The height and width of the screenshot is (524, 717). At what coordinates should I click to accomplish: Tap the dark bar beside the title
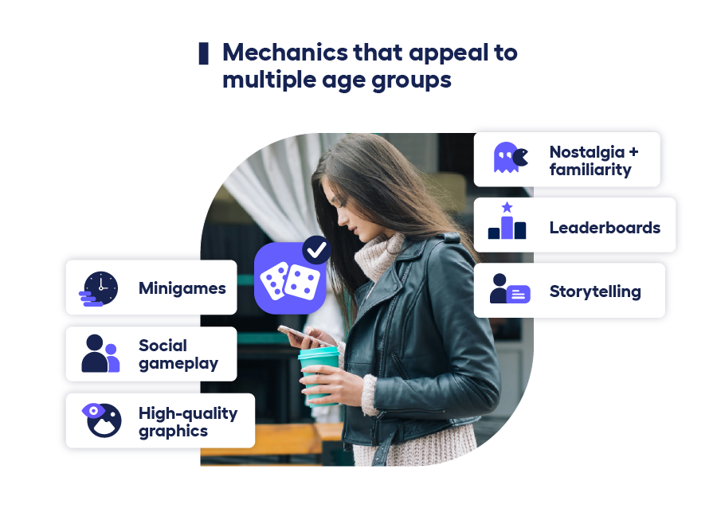click(x=204, y=53)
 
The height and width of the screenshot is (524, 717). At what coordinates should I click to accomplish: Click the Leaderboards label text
click(x=605, y=228)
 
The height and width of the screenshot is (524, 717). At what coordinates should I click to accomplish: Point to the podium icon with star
click(x=507, y=222)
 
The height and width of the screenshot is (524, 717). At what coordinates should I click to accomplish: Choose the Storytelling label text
click(x=595, y=291)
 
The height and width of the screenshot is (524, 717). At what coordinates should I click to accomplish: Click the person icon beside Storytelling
click(x=509, y=289)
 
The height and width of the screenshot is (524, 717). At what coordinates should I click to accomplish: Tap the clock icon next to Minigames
click(x=100, y=288)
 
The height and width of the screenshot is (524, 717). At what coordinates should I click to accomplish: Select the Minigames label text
click(x=182, y=288)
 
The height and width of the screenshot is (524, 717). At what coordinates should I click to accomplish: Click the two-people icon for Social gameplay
click(x=100, y=354)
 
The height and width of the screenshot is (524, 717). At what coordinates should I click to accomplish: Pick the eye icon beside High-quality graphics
click(x=102, y=420)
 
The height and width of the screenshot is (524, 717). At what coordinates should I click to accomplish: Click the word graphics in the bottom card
click(x=173, y=432)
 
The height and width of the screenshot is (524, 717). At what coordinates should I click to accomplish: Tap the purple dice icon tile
click(x=288, y=279)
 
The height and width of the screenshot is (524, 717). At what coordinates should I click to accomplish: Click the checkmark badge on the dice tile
click(x=316, y=249)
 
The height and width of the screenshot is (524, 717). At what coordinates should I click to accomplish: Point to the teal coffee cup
click(x=319, y=374)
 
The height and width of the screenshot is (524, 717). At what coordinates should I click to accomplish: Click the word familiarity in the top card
click(x=590, y=170)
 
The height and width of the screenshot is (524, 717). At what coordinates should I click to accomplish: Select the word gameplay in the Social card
click(x=178, y=365)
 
